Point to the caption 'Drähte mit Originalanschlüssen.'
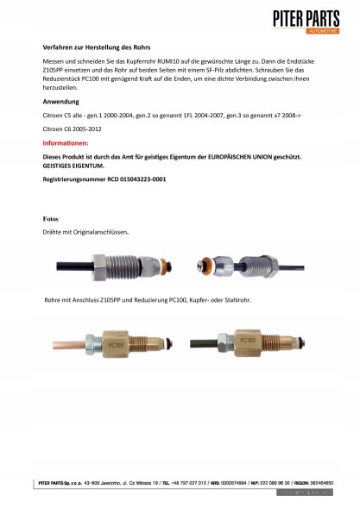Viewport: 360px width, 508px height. [85, 233]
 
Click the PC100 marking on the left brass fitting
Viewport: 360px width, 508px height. [117, 342]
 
